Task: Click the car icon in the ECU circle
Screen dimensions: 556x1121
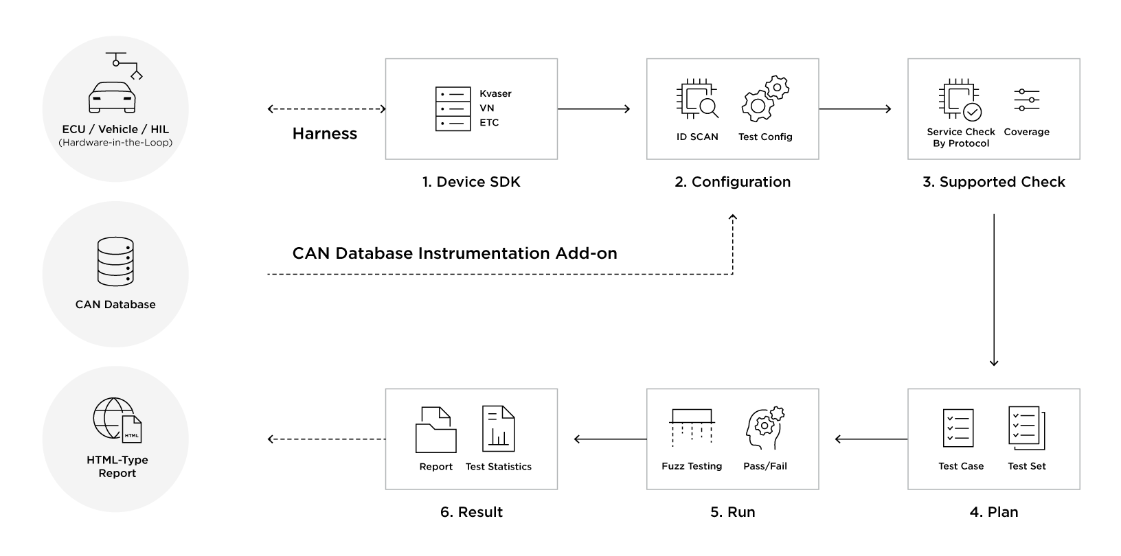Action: click(112, 97)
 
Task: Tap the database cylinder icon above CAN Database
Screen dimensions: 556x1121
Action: click(115, 262)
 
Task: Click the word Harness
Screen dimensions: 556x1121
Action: click(324, 134)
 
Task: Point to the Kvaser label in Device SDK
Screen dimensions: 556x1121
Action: click(495, 93)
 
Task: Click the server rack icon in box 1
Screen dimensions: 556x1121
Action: click(453, 108)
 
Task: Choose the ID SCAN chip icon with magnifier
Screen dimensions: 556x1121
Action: click(697, 100)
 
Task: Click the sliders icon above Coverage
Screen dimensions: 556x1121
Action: click(1026, 100)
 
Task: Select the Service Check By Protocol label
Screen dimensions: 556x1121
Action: click(960, 137)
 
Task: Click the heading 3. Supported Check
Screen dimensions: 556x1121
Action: click(993, 182)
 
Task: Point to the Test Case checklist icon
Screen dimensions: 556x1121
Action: click(958, 428)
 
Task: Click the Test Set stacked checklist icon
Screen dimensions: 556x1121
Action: click(1026, 428)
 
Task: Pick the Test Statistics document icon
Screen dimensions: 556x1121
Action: click(498, 429)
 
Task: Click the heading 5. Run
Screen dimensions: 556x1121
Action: click(732, 512)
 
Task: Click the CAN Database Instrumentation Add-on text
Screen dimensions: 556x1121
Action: click(454, 253)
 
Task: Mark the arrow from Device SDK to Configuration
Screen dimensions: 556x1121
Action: click(594, 108)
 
